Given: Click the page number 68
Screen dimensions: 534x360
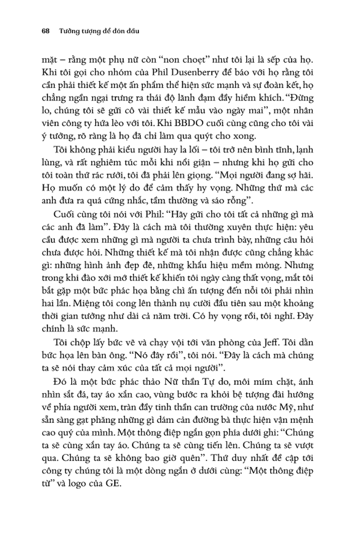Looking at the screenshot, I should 44,32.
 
